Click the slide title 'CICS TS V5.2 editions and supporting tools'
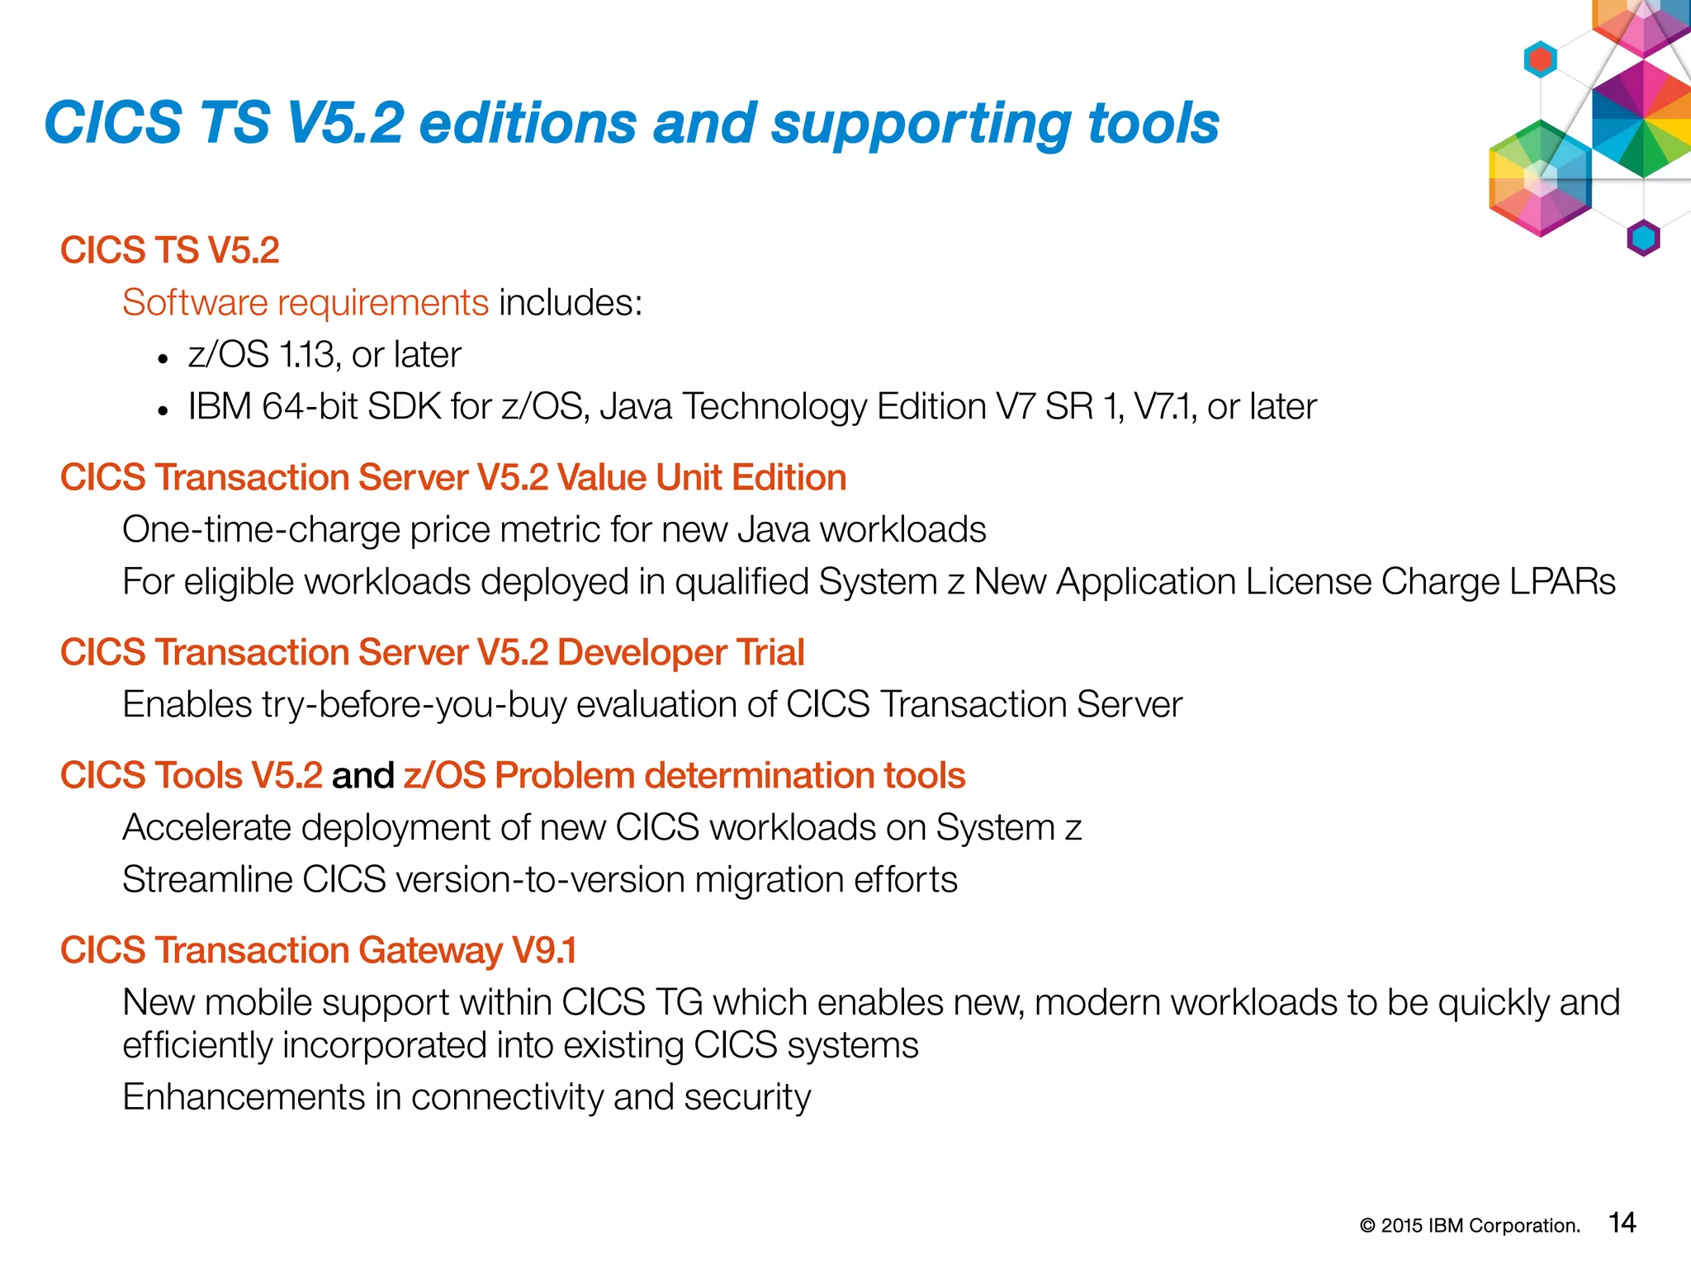632,124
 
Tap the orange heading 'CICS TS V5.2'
170,250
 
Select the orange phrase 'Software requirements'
306,303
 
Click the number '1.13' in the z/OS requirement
307,355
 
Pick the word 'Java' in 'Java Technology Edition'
636,407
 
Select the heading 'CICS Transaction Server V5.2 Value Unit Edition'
453,478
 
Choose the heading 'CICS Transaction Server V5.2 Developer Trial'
432,653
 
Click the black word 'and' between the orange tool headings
362,776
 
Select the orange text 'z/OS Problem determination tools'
684,776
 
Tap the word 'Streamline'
207,880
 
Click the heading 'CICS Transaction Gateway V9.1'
318,951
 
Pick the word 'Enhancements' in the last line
244,1098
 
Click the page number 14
1622,1223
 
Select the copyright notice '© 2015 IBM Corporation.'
1470,1226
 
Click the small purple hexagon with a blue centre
1643,239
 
